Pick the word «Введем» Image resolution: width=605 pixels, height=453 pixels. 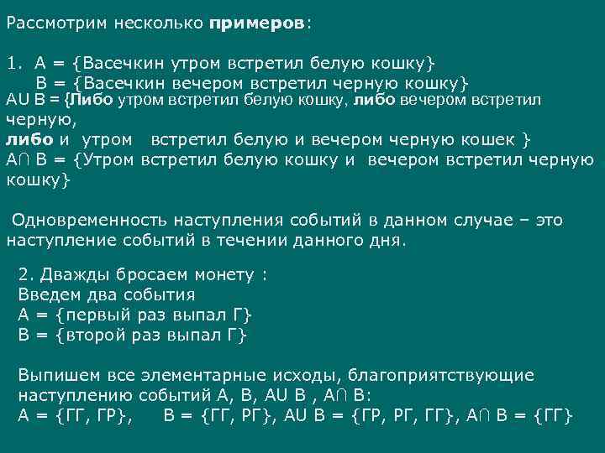[x=50, y=294]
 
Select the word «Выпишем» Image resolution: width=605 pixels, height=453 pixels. [x=55, y=376]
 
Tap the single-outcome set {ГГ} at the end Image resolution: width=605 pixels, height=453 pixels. [x=554, y=416]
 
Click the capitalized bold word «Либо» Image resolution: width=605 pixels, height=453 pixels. [x=92, y=101]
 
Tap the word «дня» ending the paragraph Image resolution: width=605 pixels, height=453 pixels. [x=389, y=240]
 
